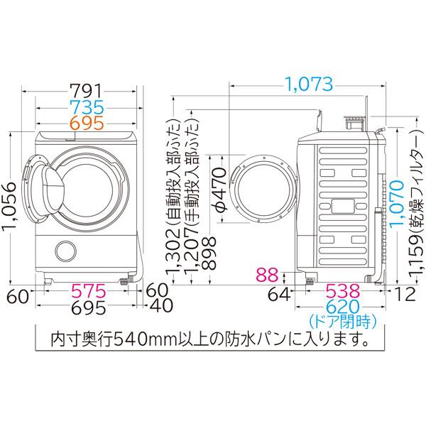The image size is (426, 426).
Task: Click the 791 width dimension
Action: click(87, 92)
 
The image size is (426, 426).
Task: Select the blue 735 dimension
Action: click(87, 107)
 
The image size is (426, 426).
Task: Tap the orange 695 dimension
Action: click(87, 123)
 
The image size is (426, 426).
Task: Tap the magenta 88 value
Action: click(266, 273)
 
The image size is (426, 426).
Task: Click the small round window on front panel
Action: click(66, 252)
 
